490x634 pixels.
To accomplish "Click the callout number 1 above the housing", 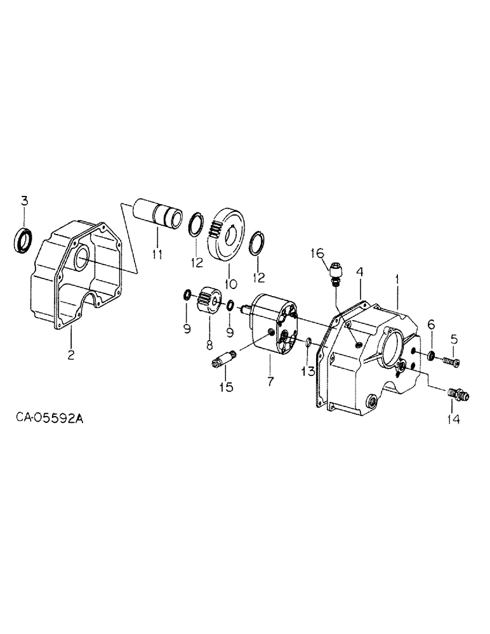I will pos(398,278).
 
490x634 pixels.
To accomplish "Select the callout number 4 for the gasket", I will pos(359,273).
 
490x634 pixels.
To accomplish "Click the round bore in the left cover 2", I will pos(81,259).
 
